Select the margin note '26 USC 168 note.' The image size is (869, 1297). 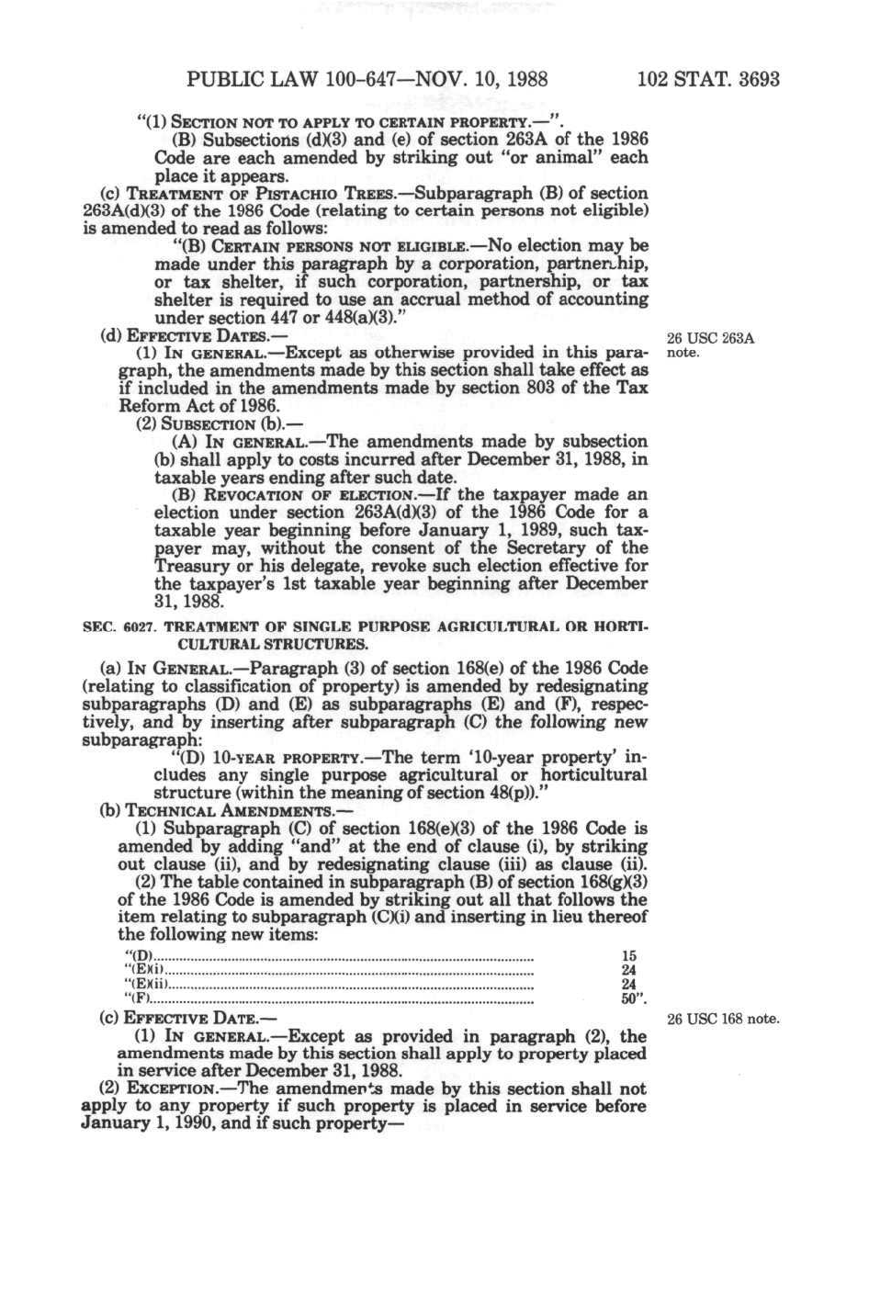coord(724,1019)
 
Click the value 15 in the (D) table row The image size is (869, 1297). coord(628,956)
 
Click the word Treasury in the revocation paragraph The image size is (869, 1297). coord(188,566)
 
